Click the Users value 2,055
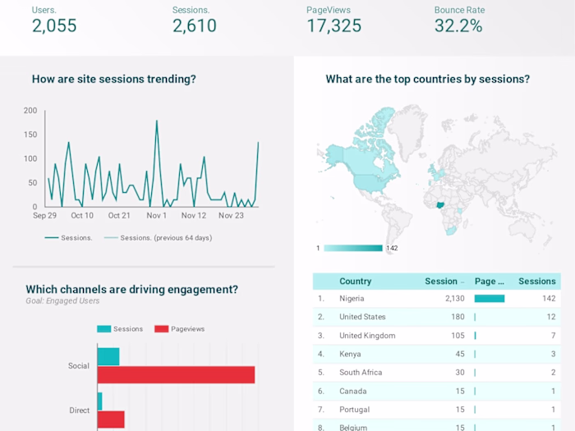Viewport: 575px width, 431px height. pos(54,26)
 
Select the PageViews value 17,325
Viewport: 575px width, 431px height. pos(333,26)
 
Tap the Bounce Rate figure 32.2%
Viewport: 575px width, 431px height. pos(458,26)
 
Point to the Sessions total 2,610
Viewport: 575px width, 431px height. pos(195,26)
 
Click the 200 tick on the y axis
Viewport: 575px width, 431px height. pos(30,111)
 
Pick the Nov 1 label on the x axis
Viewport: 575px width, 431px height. pos(156,216)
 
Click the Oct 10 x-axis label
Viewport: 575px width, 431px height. pos(82,216)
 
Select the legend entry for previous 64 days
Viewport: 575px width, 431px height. pos(165,238)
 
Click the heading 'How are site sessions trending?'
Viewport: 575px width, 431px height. pos(113,80)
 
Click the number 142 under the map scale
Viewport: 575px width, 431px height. pos(392,248)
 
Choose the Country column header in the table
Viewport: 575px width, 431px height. pos(355,281)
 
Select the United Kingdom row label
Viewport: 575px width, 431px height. pos(367,336)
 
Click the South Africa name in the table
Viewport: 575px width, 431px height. pos(361,373)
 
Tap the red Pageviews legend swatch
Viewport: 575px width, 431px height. pos(161,329)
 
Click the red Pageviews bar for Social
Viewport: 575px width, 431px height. pos(176,374)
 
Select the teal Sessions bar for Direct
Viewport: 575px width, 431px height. pos(99,401)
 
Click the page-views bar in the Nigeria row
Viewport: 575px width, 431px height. pos(490,299)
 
